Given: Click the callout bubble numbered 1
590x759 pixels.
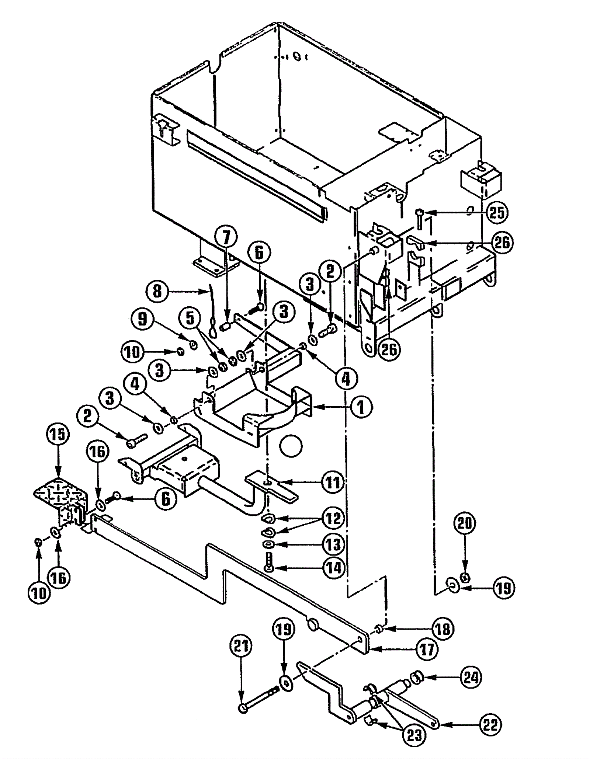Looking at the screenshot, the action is (361, 407).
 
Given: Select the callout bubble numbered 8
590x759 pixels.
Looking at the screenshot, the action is (157, 292).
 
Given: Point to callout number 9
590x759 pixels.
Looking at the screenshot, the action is (143, 319).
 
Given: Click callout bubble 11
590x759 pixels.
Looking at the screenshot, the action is (333, 482).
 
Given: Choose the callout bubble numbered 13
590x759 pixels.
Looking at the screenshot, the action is (333, 544).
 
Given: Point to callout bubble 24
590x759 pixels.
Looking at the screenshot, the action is (471, 678).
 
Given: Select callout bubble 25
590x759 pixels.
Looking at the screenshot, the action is (497, 213).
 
